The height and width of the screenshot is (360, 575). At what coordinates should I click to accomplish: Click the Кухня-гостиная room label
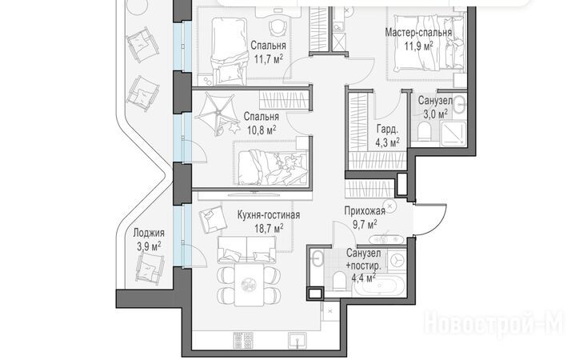269,214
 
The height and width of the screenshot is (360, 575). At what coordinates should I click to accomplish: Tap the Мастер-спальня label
418,33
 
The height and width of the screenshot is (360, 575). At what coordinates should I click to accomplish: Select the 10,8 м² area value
262,130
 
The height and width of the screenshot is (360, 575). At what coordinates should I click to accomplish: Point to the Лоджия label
149,233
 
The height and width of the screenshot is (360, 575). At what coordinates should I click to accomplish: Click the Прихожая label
365,210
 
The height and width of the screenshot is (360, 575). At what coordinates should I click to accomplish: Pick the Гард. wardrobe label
387,129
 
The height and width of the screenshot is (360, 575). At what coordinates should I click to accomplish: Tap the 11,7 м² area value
269,58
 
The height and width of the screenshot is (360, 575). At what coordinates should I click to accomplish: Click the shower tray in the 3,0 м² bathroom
453,134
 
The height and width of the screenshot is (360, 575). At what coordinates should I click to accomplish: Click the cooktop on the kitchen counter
243,341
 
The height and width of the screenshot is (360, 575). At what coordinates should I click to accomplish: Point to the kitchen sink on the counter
297,340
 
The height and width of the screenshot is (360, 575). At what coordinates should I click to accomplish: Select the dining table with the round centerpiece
249,285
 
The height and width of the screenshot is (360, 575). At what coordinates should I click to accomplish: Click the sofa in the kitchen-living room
246,250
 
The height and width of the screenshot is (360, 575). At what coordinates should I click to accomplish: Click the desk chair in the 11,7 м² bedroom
278,26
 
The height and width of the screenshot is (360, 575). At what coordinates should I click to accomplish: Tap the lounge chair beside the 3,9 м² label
150,268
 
